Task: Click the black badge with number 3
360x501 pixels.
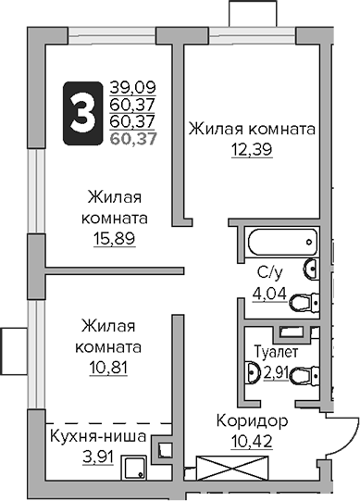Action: click(81, 114)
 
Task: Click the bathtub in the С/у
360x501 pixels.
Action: click(281, 244)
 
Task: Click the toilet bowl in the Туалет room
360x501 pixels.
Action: click(252, 374)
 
